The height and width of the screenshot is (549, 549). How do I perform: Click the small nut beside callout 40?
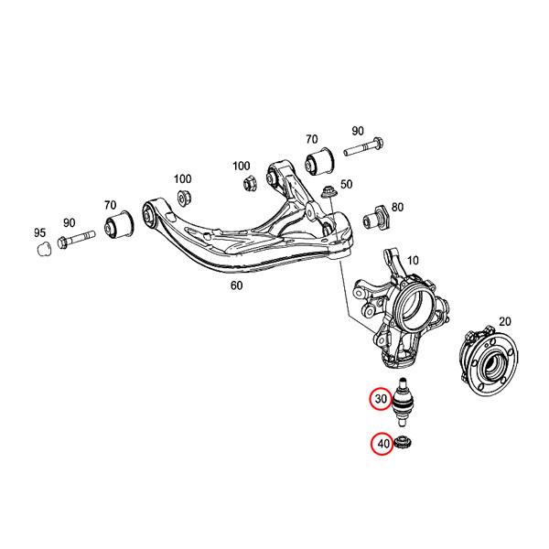[x=405, y=445]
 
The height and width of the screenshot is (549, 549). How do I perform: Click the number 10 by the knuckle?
[x=412, y=261]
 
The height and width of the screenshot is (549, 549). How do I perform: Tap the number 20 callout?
[x=503, y=322]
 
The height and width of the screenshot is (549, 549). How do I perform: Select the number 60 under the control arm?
[x=237, y=285]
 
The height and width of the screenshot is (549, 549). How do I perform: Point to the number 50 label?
[x=346, y=185]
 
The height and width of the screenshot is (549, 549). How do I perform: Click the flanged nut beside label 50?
[x=329, y=194]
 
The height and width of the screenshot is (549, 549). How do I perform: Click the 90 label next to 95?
[x=70, y=222]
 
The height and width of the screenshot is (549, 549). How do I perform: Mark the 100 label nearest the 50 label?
[x=241, y=166]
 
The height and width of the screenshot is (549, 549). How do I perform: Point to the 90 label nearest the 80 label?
[x=356, y=131]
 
